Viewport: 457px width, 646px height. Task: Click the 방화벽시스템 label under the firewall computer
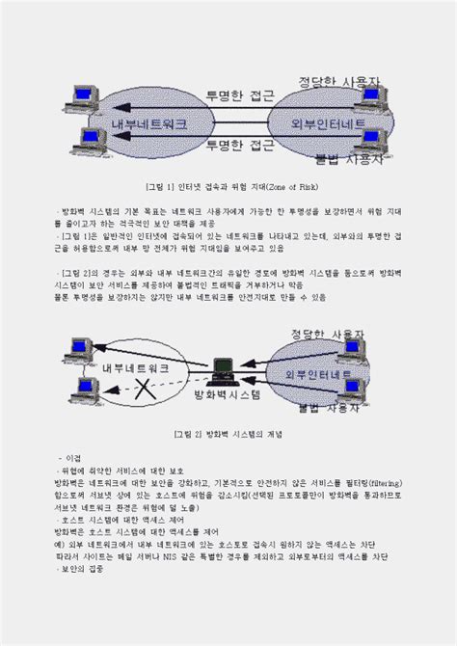[x=228, y=396]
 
